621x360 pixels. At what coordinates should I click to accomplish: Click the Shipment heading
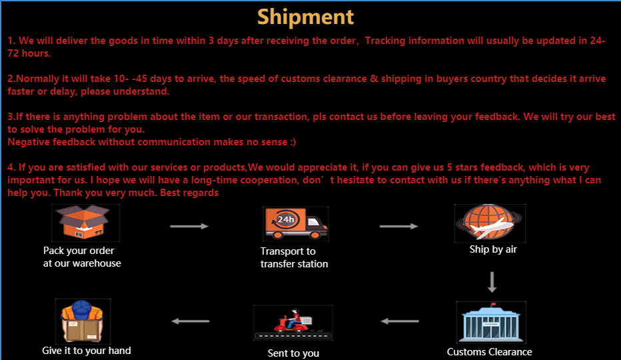[x=305, y=17]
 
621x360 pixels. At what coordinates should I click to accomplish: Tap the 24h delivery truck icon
[x=295, y=223]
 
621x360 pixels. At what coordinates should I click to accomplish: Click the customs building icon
[x=490, y=323]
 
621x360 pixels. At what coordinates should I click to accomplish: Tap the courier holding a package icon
[x=83, y=321]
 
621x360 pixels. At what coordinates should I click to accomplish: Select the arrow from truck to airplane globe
[x=398, y=226]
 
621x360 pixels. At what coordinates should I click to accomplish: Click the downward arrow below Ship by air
[x=492, y=281]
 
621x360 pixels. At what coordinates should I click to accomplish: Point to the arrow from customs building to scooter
[x=400, y=321]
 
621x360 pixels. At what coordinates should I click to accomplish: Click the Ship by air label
[x=493, y=249]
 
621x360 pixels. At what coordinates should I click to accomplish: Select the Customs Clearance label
[x=489, y=352]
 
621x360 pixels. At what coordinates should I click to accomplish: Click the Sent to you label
[x=293, y=353]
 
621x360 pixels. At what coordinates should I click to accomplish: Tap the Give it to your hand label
[x=87, y=351]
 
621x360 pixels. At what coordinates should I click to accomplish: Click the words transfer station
[x=294, y=264]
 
